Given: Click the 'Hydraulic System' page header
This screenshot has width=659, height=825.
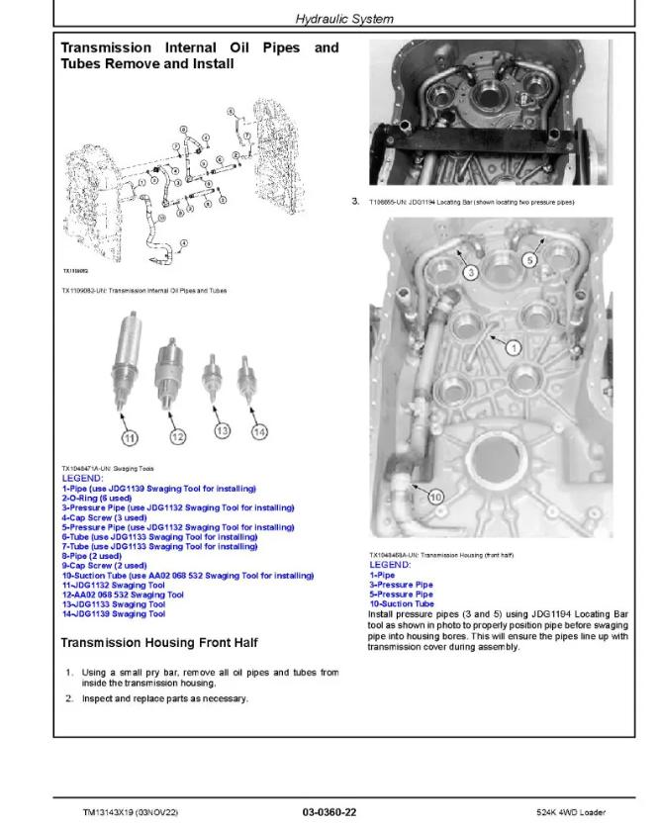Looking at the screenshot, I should click(x=344, y=19).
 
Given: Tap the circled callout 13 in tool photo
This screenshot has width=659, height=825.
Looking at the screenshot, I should click(x=222, y=430).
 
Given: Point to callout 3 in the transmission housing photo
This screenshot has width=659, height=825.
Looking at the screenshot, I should click(x=472, y=270).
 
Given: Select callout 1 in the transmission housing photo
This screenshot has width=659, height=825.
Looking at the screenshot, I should click(x=512, y=347).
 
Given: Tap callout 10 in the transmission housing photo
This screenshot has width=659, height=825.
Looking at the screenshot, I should click(x=435, y=498).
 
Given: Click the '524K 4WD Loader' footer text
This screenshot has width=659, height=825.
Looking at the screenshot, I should click(x=593, y=812).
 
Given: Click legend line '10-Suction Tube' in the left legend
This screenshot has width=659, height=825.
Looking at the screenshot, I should click(x=188, y=575).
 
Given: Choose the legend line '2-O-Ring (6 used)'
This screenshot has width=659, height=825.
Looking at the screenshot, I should click(x=101, y=498).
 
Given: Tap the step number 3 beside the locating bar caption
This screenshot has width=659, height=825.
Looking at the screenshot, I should click(x=355, y=201).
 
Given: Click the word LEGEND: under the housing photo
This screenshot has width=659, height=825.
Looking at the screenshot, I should click(x=389, y=564).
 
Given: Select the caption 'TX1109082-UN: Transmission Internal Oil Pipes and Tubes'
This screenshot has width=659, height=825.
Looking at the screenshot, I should click(x=143, y=290).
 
